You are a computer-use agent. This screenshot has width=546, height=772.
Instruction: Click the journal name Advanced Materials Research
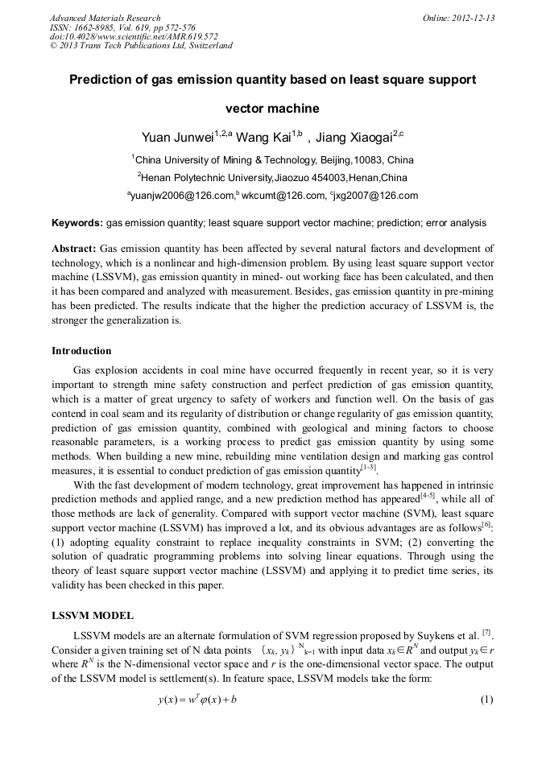[x=105, y=18]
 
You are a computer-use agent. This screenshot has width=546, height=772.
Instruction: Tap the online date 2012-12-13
[x=471, y=18]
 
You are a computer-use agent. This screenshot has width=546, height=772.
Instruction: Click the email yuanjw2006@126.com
[x=182, y=196]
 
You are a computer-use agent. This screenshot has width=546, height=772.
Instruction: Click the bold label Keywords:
[x=77, y=222]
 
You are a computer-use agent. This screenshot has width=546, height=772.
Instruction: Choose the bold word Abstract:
[x=74, y=249]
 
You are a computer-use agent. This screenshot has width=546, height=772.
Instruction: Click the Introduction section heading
[x=81, y=351]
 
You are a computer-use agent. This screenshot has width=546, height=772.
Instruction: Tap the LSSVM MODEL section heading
[x=92, y=616]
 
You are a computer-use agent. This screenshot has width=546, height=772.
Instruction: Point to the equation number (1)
[x=486, y=700]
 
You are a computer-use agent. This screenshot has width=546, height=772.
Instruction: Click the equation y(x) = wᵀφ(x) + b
[x=197, y=700]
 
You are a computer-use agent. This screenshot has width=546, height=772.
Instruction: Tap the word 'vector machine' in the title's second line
[x=272, y=109]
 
